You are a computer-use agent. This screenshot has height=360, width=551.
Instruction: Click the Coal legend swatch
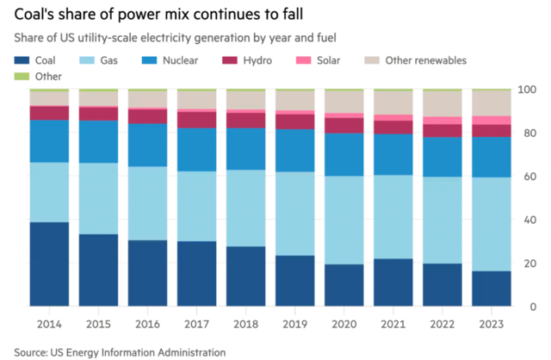20,60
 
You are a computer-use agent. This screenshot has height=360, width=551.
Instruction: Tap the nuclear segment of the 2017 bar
195,149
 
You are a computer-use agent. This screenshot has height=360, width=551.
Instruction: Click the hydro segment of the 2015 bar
97,114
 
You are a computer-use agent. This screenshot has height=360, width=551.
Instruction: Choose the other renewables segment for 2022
440,104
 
